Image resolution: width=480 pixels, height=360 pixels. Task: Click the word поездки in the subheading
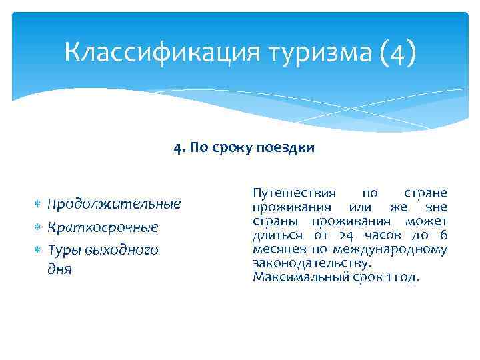tap(285, 147)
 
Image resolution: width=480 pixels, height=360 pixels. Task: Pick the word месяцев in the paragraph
tap(277, 249)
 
